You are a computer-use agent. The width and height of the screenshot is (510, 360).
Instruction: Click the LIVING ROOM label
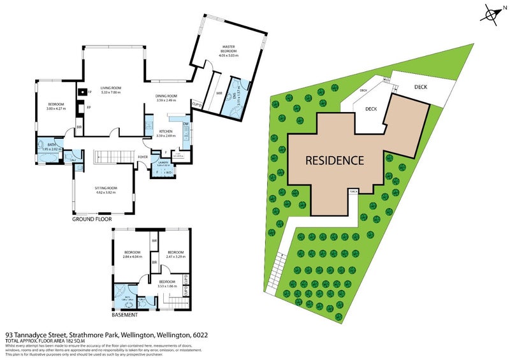(110, 88)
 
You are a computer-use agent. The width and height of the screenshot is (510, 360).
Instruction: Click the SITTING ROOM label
(103, 189)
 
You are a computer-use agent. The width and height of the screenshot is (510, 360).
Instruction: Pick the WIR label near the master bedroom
(219, 93)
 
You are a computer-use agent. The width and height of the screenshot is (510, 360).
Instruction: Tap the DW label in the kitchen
(186, 124)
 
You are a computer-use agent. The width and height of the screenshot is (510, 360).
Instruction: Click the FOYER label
(143, 157)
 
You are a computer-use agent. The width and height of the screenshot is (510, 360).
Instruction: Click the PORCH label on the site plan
(353, 191)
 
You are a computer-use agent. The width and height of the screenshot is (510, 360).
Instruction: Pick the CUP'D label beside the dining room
(198, 103)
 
